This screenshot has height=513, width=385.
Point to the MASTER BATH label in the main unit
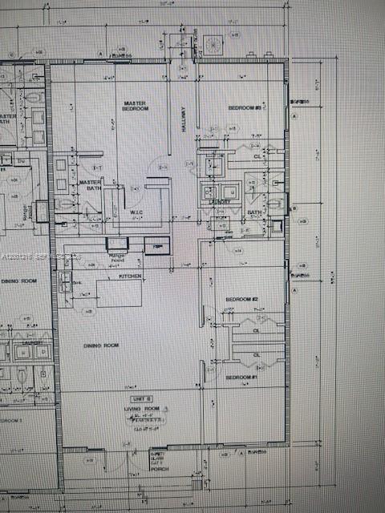[89, 185]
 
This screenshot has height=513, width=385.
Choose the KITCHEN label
[130, 277]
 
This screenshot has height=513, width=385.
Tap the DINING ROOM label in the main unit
[102, 345]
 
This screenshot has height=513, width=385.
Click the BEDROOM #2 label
[241, 299]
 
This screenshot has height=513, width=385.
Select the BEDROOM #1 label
[241, 377]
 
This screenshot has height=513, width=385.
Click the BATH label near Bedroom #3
[254, 212]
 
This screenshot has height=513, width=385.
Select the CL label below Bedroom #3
[257, 157]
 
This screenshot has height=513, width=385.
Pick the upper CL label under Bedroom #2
[257, 329]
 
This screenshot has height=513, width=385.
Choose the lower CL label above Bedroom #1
[257, 354]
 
